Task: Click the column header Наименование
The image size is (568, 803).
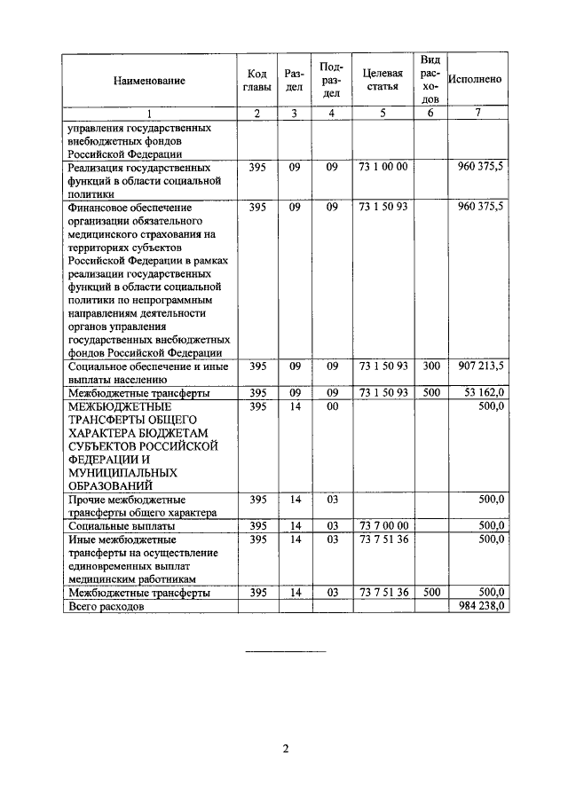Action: (149, 80)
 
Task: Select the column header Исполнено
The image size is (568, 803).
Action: (476, 79)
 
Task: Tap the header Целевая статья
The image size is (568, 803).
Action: (383, 79)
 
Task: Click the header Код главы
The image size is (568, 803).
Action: (256, 79)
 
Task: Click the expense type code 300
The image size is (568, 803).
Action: (431, 366)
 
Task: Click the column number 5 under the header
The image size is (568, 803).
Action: (383, 114)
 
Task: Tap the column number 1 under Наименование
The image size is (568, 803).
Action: (149, 114)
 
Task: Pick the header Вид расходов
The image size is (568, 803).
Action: (431, 79)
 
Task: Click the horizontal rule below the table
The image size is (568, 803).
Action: (285, 653)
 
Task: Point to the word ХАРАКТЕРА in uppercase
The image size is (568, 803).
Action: (105, 432)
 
